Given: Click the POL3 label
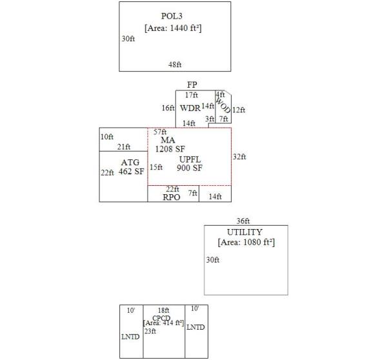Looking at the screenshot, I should click(174, 16).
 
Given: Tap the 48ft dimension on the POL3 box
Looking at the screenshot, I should click(175, 65).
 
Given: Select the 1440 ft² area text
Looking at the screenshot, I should click(174, 28).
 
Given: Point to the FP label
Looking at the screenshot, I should click(192, 85).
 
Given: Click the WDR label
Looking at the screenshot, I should click(190, 108).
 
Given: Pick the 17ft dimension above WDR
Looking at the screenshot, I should click(191, 95).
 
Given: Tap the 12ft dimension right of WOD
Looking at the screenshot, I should click(239, 110).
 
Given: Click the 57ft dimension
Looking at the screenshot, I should click(160, 132).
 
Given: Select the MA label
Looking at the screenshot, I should click(168, 140).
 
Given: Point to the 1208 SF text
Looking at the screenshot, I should click(170, 149).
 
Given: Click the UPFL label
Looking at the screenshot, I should click(190, 159).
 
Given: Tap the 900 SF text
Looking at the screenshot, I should click(190, 168).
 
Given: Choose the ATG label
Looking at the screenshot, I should click(130, 162).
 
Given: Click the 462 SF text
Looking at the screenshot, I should click(131, 172).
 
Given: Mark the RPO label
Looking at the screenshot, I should click(172, 197).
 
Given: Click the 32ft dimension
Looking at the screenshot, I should click(239, 157).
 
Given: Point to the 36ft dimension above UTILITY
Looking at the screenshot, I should click(243, 221).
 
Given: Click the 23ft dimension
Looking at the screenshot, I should click(150, 331).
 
